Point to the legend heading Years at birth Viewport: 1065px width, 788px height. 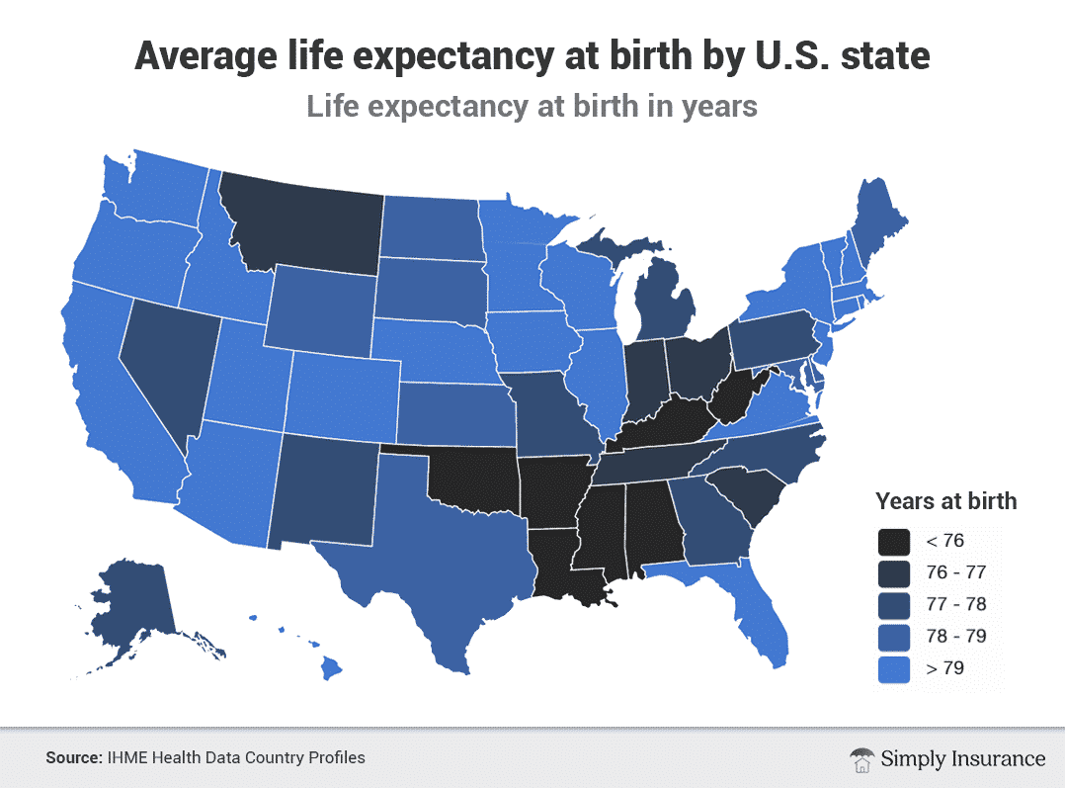945,500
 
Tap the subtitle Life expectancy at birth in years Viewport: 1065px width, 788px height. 532,105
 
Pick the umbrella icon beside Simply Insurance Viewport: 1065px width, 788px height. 860,758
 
